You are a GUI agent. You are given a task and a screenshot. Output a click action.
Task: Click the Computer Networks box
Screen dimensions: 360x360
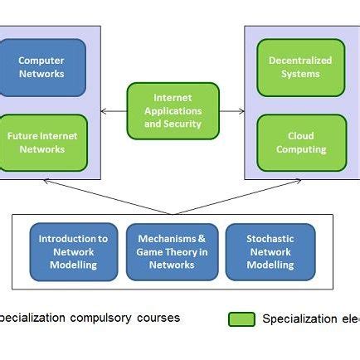41,67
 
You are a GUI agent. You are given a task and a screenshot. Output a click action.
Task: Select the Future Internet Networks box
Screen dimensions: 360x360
41,143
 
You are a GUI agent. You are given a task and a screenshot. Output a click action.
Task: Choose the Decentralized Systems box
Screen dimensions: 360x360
299,67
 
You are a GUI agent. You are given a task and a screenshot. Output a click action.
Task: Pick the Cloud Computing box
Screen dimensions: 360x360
300,143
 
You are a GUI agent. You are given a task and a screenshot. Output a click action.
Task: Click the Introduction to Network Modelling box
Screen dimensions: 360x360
73,251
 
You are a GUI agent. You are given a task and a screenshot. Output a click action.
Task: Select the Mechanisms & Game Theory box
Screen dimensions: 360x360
172,251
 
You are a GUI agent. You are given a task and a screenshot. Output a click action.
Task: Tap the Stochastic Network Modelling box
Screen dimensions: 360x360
270,251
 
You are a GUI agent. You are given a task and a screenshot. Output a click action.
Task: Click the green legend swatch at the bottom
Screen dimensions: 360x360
241,319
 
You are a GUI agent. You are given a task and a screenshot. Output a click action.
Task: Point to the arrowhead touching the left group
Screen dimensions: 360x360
104,110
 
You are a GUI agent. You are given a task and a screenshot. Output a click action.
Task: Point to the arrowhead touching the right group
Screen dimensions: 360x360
241,110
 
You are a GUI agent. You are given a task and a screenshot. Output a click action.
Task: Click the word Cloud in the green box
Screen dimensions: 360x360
300,136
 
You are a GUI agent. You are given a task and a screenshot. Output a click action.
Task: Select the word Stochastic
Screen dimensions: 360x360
270,239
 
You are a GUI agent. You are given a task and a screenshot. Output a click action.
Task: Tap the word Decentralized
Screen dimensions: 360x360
299,61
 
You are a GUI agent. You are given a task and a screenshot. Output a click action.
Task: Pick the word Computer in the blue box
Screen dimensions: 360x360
41,61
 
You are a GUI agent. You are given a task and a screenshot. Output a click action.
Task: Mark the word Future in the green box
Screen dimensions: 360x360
22,136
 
